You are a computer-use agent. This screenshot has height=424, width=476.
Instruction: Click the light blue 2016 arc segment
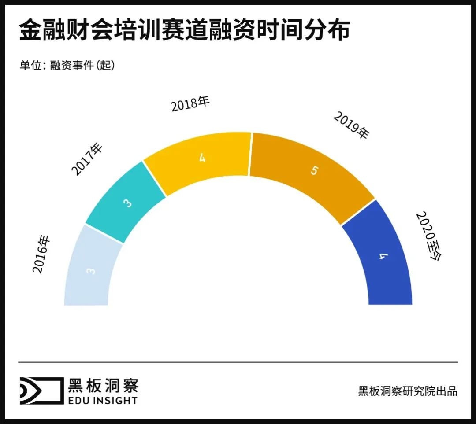90,269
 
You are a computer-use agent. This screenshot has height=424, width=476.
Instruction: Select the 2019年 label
351,125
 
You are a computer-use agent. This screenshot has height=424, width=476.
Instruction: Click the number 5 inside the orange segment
313,171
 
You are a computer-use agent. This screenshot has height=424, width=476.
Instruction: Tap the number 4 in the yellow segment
202,158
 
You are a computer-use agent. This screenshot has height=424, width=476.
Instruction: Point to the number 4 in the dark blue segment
383,256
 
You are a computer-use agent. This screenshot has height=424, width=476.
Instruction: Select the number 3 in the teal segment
127,203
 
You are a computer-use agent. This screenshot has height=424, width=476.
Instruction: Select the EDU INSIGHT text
102,400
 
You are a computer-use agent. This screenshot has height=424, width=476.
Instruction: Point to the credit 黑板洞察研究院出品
408,391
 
